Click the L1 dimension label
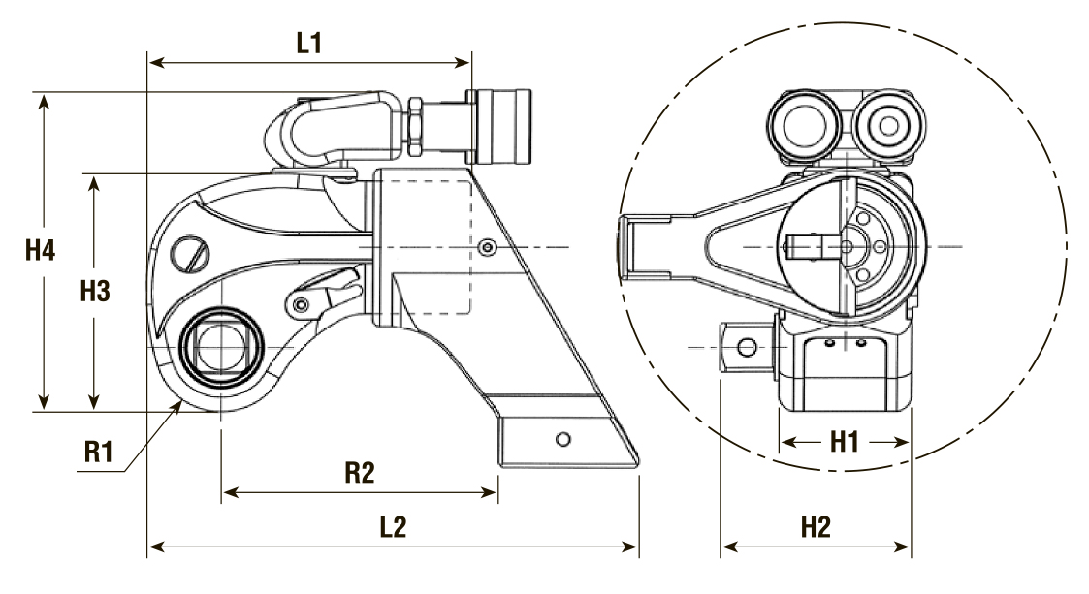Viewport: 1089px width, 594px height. tap(309, 43)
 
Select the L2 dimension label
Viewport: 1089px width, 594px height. tap(393, 527)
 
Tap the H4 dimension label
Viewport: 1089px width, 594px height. tap(41, 249)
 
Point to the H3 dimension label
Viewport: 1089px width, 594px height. tap(95, 292)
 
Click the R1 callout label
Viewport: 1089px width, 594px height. tap(98, 452)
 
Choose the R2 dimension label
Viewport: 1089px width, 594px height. tap(360, 473)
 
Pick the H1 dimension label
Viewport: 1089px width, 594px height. tap(845, 441)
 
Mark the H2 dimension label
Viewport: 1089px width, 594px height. tap(817, 527)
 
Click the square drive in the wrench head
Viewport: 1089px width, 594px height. tap(221, 346)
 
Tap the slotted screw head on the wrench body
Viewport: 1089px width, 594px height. tap(190, 255)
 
